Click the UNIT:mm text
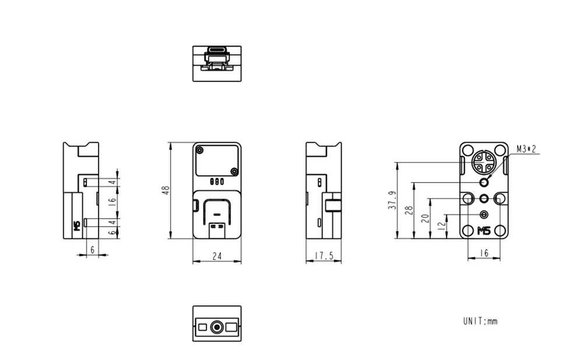coord(480,321)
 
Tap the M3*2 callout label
coord(526,149)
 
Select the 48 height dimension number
coord(166,190)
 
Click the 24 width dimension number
coord(217,256)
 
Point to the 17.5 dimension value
coord(324,256)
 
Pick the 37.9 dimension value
coord(392,200)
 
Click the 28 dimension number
coord(409,210)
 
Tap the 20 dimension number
coord(425,218)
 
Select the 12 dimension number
coord(441,225)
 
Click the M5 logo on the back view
coord(484,231)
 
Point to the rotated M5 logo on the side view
coord(77,226)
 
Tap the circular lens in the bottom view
coord(217,327)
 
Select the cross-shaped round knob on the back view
coord(483,161)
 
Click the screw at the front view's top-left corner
coord(199,150)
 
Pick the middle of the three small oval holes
coord(217,182)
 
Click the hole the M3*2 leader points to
coord(484,182)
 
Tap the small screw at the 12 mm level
coord(484,214)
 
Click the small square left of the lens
coord(202,327)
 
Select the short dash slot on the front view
coord(217,214)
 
